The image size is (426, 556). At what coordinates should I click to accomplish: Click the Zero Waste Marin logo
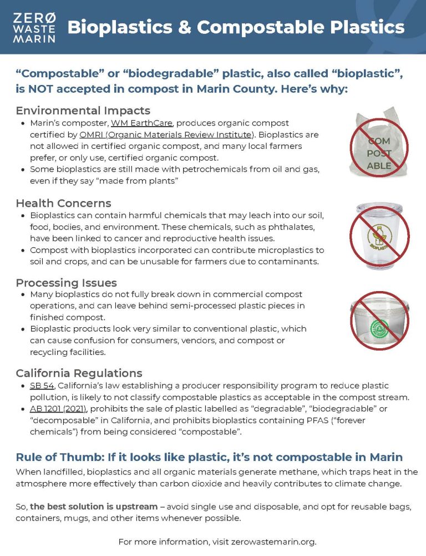tap(34, 27)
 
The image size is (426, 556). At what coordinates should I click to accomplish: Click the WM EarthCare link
tap(143, 123)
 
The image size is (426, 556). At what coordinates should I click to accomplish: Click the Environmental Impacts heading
tap(83, 110)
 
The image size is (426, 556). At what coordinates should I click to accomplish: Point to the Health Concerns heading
tap(63, 203)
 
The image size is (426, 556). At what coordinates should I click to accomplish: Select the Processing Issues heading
tap(67, 282)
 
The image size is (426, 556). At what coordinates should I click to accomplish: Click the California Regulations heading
tap(79, 373)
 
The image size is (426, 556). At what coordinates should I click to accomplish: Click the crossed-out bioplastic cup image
tap(379, 236)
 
